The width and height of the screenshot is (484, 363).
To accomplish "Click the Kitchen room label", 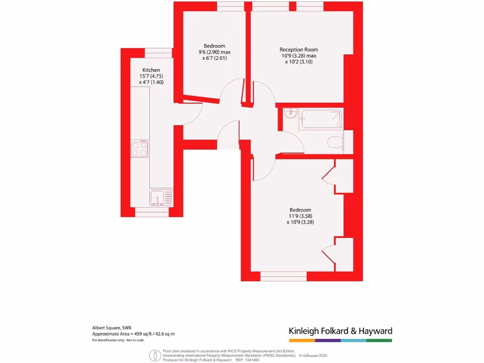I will click(151, 70).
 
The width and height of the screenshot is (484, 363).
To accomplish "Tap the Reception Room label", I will click(299, 50).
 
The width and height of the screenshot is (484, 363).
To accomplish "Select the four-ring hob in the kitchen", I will click(139, 149).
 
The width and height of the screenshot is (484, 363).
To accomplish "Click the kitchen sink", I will click(158, 197).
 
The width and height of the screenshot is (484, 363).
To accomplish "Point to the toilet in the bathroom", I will click(336, 142).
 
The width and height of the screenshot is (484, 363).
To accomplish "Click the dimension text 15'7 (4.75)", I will click(151, 76).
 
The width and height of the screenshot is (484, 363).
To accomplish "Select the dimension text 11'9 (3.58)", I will click(301, 216).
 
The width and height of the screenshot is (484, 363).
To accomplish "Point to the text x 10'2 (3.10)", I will click(299, 62).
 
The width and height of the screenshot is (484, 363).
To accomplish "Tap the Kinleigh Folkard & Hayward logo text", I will click(340, 331).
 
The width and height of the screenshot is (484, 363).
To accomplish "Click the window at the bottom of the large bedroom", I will click(283, 276).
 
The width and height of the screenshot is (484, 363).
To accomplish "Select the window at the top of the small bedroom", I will click(231, 6).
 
